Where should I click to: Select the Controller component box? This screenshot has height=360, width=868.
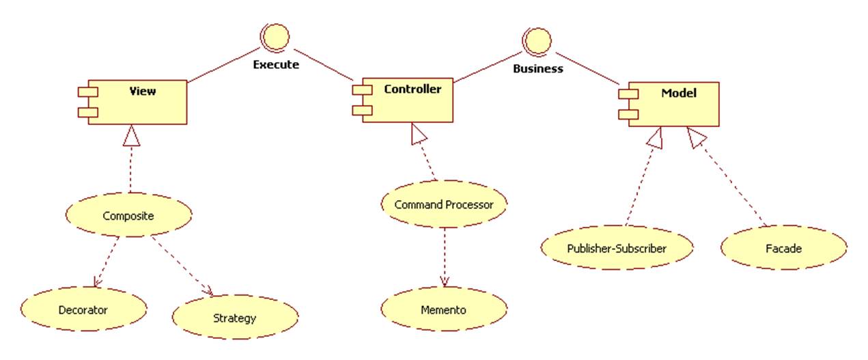pos(408,100)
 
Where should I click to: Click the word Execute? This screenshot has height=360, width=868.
pos(275,66)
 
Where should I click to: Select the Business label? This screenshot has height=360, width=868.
pos(537,68)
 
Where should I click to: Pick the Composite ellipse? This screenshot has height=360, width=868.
pos(128,216)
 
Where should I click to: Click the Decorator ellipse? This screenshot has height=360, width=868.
pos(83,309)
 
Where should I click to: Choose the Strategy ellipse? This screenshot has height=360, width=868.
pos(234,318)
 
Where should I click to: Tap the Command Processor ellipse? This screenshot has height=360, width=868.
pos(444,204)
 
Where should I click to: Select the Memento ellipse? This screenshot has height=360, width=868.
pos(443,309)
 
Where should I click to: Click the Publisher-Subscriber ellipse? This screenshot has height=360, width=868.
pos(617,248)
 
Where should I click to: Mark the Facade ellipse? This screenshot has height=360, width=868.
pos(783,248)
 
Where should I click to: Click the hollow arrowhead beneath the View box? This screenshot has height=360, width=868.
pos(131,136)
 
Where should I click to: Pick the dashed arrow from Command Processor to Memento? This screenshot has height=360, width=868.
pos(445,256)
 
